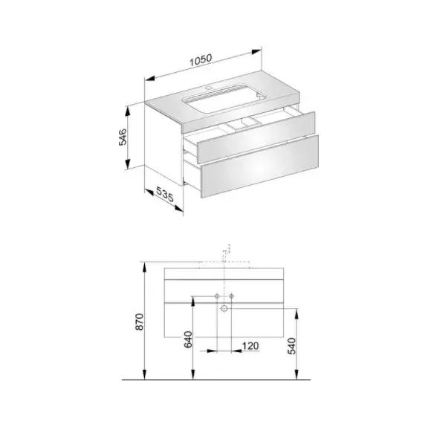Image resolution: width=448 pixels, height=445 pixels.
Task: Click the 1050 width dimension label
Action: [x=201, y=60]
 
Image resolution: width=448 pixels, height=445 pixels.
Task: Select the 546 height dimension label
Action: [x=123, y=137]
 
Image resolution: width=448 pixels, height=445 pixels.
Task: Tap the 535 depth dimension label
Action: [x=165, y=194]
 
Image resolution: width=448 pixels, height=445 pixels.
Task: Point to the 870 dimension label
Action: [x=140, y=322]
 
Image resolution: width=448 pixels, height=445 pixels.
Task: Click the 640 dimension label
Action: [x=188, y=340]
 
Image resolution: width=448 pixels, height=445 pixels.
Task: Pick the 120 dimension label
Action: [x=250, y=346]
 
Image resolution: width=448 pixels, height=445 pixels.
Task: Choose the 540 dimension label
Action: [x=292, y=346]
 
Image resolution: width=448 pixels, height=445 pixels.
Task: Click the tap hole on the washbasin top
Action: [x=209, y=88]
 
